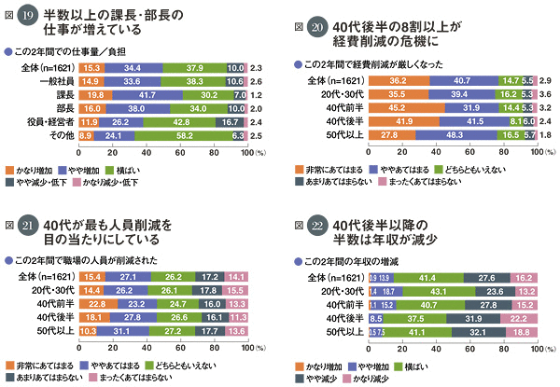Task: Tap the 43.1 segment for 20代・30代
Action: click(x=443, y=291)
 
